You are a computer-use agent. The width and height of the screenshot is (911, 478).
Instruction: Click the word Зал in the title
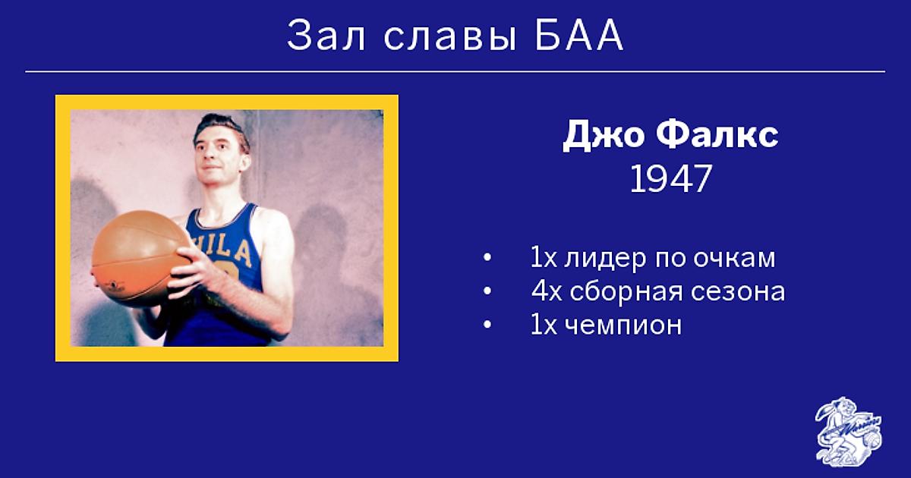tap(326, 36)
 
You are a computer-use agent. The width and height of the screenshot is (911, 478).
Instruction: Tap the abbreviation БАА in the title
tap(579, 36)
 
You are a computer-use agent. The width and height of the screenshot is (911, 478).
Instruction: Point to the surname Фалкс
tap(717, 134)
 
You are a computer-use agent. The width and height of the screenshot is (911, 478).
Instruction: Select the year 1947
tap(670, 179)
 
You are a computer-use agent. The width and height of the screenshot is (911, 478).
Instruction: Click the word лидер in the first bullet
tap(605, 259)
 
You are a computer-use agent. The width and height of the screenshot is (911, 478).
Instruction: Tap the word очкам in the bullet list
tap(735, 259)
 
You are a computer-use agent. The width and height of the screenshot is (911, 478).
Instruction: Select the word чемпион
tap(623, 326)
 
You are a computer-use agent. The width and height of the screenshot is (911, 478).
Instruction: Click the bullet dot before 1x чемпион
tap(487, 325)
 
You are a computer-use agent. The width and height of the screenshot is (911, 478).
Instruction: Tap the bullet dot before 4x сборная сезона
tap(487, 291)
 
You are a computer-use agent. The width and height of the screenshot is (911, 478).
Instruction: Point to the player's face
tap(221, 156)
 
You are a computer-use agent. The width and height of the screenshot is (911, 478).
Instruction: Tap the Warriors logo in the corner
tap(849, 431)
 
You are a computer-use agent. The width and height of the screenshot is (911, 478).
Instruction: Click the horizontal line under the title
tap(455, 71)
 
